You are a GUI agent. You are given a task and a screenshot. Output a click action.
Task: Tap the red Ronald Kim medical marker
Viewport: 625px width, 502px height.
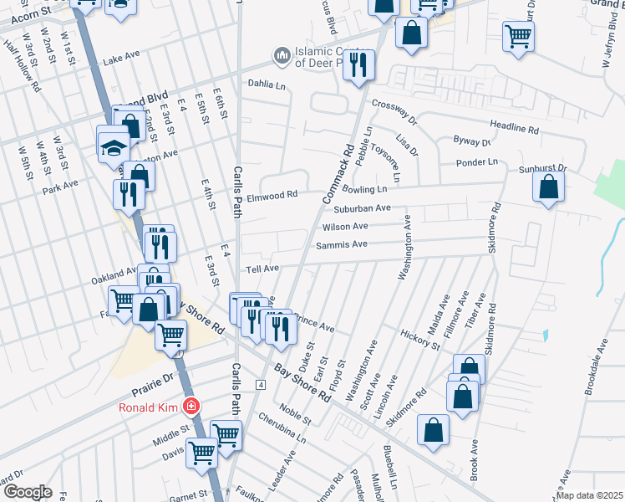coord(193,406)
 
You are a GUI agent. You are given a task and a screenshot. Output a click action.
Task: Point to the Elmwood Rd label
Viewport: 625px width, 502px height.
coord(272,195)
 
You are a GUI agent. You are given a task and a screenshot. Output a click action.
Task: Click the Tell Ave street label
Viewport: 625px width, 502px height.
coord(262,269)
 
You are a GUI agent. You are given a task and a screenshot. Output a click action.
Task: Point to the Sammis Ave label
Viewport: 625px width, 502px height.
coord(342,244)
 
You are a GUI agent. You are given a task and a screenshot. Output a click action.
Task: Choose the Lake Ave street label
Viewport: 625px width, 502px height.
coord(122,59)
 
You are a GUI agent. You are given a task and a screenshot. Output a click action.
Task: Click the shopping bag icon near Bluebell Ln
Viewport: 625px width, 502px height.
coord(434,430)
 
